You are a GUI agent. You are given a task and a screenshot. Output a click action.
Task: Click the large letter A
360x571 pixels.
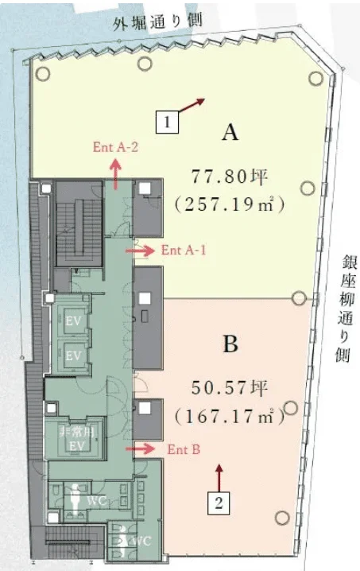tap(230, 133)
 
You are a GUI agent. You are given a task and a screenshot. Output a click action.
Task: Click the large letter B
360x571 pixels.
tap(230, 345)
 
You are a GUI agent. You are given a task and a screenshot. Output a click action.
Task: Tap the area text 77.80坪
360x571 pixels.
tap(230, 175)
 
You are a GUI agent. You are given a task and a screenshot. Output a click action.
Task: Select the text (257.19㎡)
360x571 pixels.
tap(230, 204)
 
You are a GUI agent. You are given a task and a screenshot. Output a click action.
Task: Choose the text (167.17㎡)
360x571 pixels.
tap(230, 416)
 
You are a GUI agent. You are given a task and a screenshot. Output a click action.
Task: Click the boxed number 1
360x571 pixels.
tap(168, 122)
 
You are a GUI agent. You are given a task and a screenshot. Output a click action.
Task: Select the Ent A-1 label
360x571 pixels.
tap(184, 250)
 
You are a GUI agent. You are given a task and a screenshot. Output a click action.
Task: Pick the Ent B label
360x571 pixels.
tap(184, 449)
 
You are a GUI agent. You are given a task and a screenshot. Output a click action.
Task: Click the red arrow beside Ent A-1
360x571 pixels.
tap(141, 250)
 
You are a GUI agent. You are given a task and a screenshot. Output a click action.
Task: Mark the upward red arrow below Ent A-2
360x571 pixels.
tap(116, 174)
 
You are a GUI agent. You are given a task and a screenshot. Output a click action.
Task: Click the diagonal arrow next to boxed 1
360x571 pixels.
tap(192, 105)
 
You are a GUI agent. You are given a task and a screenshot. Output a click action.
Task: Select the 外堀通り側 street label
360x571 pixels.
tap(158, 21)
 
